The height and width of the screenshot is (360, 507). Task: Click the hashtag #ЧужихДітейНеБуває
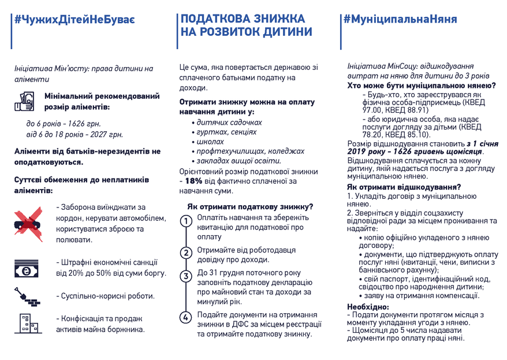click(x=76, y=20)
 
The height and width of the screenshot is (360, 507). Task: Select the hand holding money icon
click(x=25, y=101)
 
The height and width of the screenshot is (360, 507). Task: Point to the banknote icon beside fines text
click(x=27, y=269)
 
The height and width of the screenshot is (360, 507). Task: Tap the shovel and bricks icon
click(x=27, y=296)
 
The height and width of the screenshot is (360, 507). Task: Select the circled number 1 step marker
click(x=186, y=222)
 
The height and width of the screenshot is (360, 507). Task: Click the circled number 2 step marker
click(x=186, y=253)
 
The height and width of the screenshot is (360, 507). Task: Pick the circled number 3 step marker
click(x=186, y=276)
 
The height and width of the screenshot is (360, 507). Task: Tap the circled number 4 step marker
click(x=186, y=317)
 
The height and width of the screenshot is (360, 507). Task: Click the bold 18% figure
click(x=194, y=181)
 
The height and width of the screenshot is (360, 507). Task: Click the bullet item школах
click(x=210, y=142)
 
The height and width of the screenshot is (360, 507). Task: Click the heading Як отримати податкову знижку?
click(x=251, y=206)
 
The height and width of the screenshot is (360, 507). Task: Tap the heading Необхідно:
click(x=368, y=306)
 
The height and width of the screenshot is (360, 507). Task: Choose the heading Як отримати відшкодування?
click(x=404, y=187)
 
